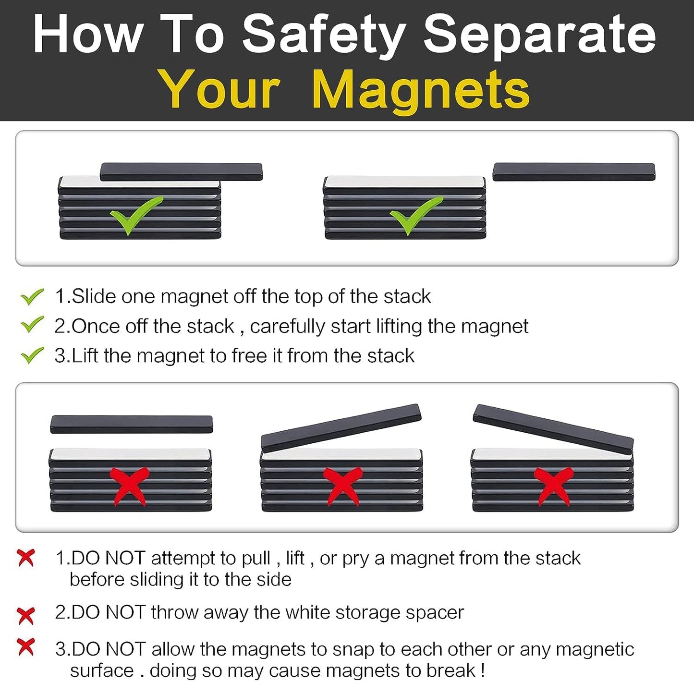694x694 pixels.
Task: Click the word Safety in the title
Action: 324,35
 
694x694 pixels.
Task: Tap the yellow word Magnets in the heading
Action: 421,90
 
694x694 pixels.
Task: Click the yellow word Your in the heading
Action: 219,90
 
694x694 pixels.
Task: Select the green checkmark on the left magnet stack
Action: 136,215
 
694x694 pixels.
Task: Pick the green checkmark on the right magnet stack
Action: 415,215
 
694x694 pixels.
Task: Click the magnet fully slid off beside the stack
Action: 574,172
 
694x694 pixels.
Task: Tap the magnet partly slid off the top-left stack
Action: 181,171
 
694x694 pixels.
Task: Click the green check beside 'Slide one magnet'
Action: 32,296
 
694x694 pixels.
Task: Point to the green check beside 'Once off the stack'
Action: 32,325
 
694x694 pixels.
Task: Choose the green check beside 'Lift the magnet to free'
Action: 32,355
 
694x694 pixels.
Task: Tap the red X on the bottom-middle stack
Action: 341,486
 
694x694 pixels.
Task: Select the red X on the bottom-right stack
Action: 553,486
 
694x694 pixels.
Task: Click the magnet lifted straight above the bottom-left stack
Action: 131,425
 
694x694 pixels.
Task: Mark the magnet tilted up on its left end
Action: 553,428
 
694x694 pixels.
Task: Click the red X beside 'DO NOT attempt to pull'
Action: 26,558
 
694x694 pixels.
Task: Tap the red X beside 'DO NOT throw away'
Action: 26,615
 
